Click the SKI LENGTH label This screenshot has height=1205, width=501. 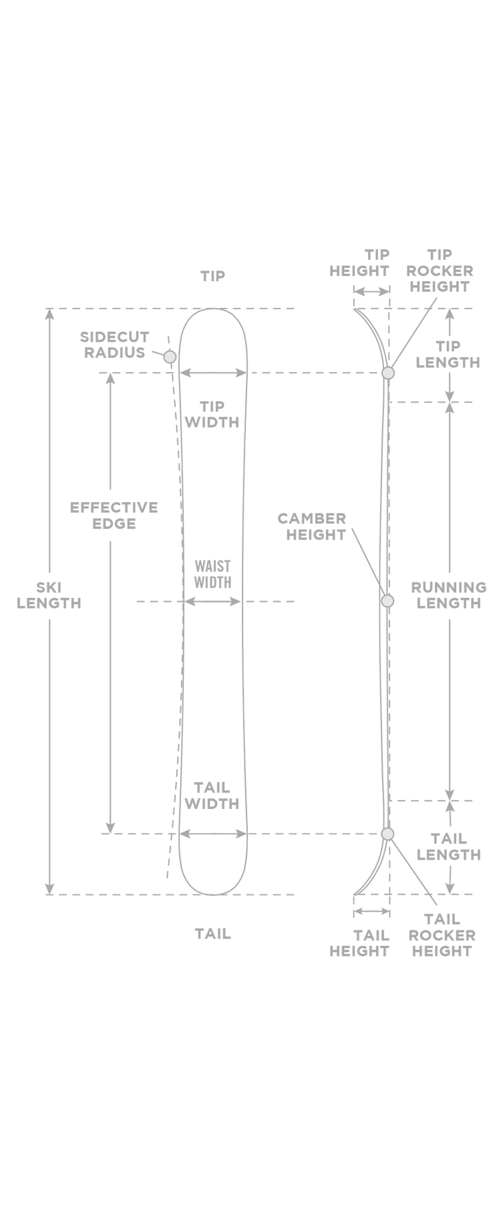pyautogui.click(x=49, y=595)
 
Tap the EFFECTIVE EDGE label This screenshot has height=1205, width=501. pyautogui.click(x=114, y=516)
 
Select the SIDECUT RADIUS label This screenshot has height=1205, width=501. pyautogui.click(x=114, y=345)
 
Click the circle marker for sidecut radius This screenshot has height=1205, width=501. pyautogui.click(x=170, y=357)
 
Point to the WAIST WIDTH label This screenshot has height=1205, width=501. pyautogui.click(x=212, y=574)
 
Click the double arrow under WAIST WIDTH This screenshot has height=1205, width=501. pyautogui.click(x=212, y=602)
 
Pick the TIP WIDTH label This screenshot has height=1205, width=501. pyautogui.click(x=212, y=414)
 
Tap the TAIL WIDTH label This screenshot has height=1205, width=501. pyautogui.click(x=212, y=796)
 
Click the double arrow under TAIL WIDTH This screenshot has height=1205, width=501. pyautogui.click(x=213, y=834)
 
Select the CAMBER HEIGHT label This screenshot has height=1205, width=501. pyautogui.click(x=312, y=526)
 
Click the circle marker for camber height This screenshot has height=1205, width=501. pyautogui.click(x=387, y=601)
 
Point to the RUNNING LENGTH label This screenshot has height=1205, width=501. pyautogui.click(x=449, y=595)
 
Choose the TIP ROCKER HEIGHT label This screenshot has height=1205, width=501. pyautogui.click(x=440, y=271)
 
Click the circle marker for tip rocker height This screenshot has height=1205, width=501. pyautogui.click(x=388, y=373)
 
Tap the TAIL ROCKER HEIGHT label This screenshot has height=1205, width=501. pyautogui.click(x=442, y=935)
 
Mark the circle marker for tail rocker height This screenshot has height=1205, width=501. pyautogui.click(x=387, y=834)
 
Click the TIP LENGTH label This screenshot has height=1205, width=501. pyautogui.click(x=448, y=354)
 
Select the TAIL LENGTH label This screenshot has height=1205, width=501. pyautogui.click(x=448, y=846)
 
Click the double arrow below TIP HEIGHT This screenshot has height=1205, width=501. pyautogui.click(x=371, y=291)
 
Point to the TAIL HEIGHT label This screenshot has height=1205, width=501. pyautogui.click(x=359, y=943)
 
